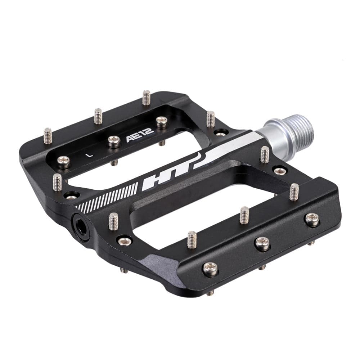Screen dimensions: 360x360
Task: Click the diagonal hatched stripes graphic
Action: [x=108, y=198]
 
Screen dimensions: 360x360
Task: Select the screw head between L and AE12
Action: [x=114, y=141]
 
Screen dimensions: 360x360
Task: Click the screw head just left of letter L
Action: [x=64, y=161]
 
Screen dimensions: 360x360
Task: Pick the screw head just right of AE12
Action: [x=162, y=122]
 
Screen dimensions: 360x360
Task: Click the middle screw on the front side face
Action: [x=262, y=243]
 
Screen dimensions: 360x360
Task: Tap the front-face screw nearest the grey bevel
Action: [x=210, y=268]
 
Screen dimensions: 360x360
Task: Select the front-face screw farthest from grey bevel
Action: [x=312, y=219]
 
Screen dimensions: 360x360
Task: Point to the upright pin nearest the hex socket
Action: [x=113, y=221]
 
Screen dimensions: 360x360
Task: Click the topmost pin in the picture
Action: [x=146, y=97]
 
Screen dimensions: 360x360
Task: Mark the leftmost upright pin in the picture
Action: [x=48, y=136]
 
